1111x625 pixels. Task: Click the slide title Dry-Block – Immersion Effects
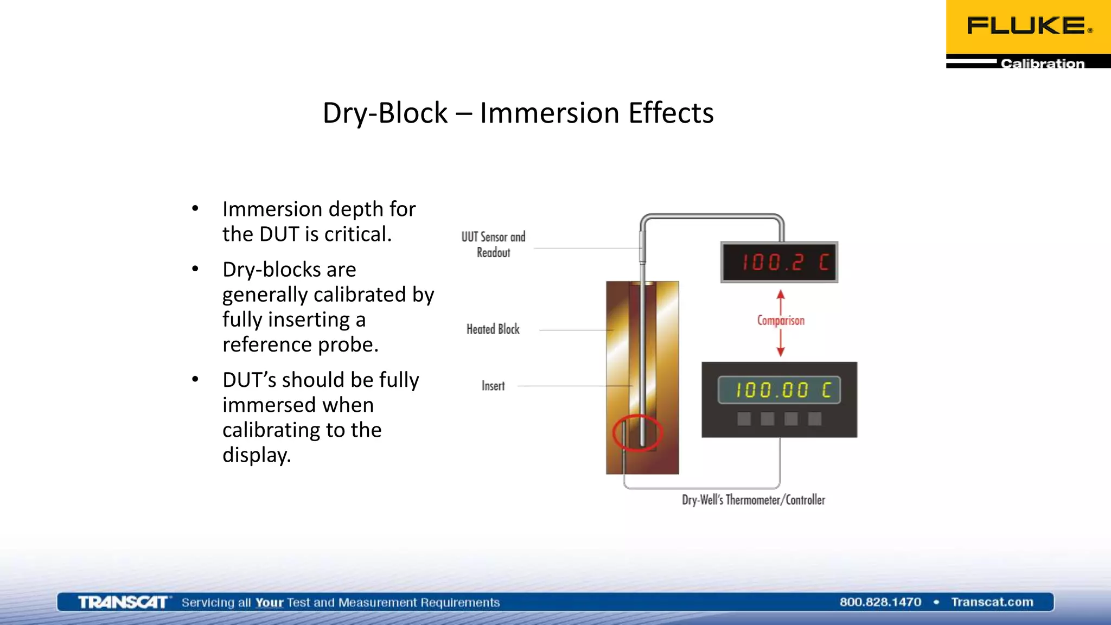pyautogui.click(x=518, y=113)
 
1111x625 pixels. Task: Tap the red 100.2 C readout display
pyautogui.click(x=779, y=263)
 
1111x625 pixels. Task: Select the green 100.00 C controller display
pyautogui.click(x=779, y=390)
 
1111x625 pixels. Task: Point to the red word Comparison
pyautogui.click(x=781, y=321)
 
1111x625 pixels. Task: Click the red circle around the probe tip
pyautogui.click(x=637, y=433)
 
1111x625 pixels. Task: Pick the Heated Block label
pyautogui.click(x=493, y=329)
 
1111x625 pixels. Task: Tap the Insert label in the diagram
pyautogui.click(x=493, y=386)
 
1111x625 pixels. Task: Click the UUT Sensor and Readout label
pyautogui.click(x=493, y=245)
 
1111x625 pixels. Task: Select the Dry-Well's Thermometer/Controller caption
pyautogui.click(x=753, y=500)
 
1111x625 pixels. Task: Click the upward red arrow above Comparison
pyautogui.click(x=781, y=300)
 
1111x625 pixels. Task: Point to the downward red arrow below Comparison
pyautogui.click(x=781, y=344)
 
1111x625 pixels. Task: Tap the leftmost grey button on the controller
pyautogui.click(x=744, y=419)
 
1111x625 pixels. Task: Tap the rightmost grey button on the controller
pyautogui.click(x=815, y=419)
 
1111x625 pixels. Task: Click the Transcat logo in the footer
pyautogui.click(x=123, y=602)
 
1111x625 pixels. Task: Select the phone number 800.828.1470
pyautogui.click(x=880, y=602)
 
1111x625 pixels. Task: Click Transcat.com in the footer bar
pyautogui.click(x=992, y=602)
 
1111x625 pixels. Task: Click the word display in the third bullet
pyautogui.click(x=256, y=455)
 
